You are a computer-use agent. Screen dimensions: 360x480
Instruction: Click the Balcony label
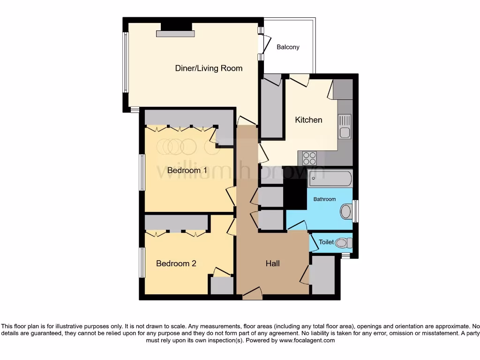point(288,47)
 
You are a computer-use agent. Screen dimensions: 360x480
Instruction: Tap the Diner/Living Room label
point(209,68)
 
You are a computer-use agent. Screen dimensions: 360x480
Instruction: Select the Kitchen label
point(308,120)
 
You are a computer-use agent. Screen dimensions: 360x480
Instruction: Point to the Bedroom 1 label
point(187,170)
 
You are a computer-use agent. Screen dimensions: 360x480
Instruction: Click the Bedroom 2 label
point(176,263)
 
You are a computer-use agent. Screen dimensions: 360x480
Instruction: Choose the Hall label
point(272,263)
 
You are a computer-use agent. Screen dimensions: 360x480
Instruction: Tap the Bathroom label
point(324,199)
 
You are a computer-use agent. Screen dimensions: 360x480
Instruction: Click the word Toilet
point(326,242)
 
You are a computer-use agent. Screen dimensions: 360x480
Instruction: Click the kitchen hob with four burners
point(309,158)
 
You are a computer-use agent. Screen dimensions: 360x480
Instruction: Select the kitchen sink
point(345,127)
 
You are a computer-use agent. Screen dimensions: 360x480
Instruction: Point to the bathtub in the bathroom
point(330,179)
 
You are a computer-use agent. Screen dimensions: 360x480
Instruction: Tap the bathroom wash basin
point(346,211)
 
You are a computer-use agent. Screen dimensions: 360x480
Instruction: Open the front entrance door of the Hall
point(253,294)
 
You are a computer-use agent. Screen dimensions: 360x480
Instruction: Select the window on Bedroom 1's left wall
point(142,172)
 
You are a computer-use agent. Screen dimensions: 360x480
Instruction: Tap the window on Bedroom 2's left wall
point(142,262)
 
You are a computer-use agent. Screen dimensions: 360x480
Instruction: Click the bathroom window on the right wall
point(355,211)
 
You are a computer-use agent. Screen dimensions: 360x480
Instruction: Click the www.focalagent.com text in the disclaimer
point(307,341)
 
